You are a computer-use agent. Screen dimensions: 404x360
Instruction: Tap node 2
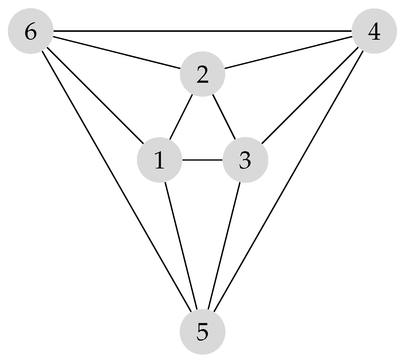(x=202, y=74)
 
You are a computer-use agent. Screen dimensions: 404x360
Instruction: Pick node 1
(x=159, y=160)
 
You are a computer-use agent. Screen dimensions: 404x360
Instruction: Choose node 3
(x=245, y=160)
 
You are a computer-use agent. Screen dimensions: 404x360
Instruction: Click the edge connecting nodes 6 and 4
(x=202, y=31)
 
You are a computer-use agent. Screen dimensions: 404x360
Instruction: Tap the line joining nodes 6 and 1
(x=95, y=95)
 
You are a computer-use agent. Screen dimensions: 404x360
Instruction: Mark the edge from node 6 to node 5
(x=117, y=181)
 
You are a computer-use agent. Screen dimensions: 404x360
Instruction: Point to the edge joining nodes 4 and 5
(x=288, y=181)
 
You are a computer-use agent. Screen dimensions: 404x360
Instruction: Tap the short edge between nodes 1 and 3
(x=202, y=160)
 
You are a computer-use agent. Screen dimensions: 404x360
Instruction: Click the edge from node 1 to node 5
(x=181, y=245)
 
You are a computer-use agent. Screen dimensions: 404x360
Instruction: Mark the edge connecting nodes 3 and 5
(x=224, y=245)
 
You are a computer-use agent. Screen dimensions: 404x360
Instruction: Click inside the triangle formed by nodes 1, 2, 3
(x=202, y=133)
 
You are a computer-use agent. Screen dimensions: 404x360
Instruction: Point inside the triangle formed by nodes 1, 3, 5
(x=202, y=212)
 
